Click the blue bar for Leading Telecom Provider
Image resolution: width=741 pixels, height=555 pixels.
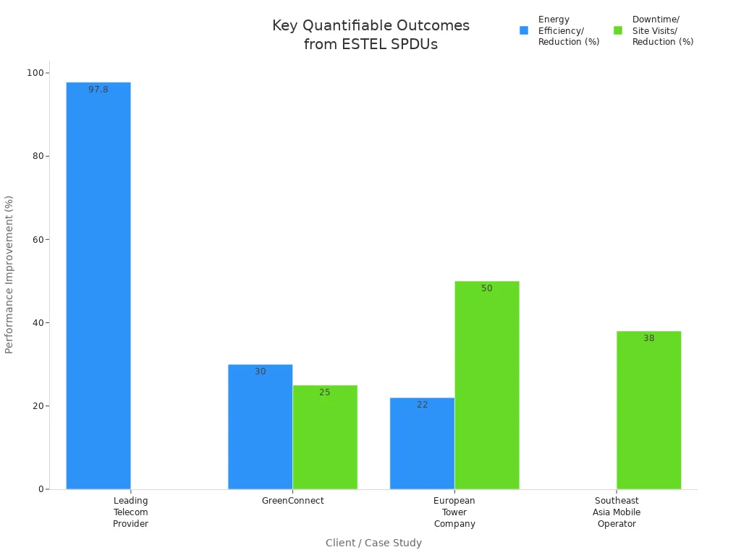(98, 285)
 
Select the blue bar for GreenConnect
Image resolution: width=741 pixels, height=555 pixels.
(260, 426)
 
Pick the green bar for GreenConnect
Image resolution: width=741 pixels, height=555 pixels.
(325, 437)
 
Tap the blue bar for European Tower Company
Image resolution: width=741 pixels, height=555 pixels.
(422, 443)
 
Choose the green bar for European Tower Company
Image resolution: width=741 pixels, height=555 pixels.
(487, 385)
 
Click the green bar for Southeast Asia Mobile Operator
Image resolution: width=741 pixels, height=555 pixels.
(648, 410)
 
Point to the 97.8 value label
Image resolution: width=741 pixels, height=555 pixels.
(98, 90)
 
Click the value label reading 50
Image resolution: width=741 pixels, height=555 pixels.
(487, 288)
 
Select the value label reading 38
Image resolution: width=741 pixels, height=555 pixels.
(648, 338)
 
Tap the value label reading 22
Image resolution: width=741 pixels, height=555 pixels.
(422, 405)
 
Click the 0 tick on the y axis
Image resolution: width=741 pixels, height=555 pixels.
(41, 489)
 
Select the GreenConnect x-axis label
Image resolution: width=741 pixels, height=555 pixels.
(292, 501)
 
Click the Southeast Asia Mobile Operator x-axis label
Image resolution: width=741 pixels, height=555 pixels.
(617, 512)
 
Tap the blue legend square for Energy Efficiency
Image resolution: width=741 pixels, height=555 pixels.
(524, 30)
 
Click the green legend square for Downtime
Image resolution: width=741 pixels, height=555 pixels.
(618, 30)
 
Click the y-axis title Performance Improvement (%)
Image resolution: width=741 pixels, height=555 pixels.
(9, 274)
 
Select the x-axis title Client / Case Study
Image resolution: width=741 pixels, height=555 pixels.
(373, 543)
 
